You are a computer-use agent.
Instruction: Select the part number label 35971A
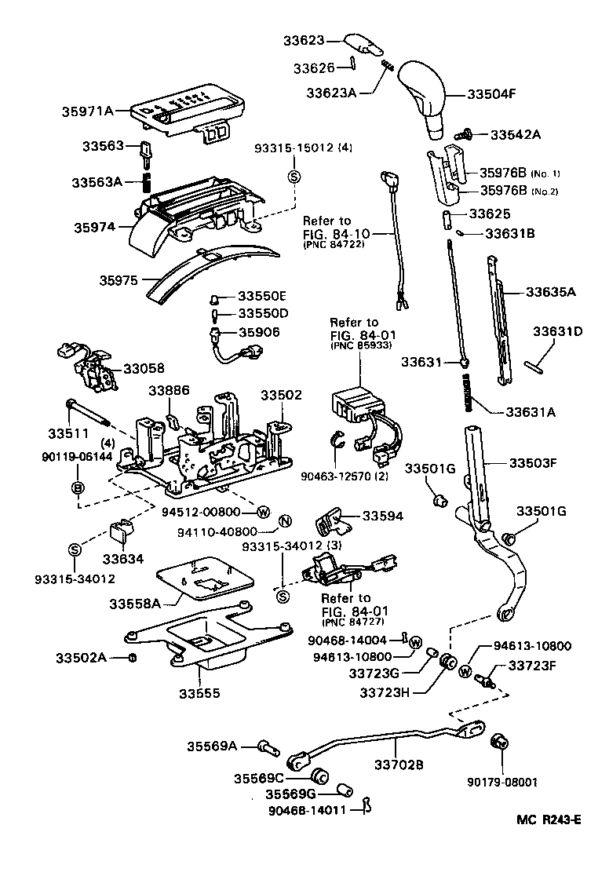(x=87, y=111)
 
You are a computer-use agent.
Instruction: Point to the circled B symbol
(x=78, y=488)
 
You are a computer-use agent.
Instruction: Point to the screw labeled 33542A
(x=465, y=135)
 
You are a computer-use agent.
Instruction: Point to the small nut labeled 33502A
(x=133, y=657)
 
